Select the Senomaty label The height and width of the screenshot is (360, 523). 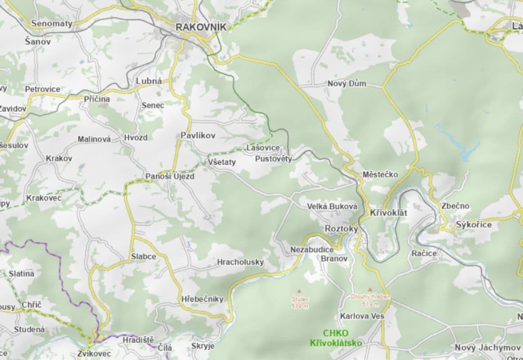pos(52,23)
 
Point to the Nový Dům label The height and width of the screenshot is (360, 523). pos(347,84)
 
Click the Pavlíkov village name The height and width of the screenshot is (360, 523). pos(198,135)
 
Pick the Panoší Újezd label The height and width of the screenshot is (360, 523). pos(170,176)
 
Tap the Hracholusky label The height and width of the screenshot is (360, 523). pos(240,262)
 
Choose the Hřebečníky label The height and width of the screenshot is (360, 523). pos(202,299)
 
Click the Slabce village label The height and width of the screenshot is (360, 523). pos(144,256)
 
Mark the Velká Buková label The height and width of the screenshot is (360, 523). pos(332,207)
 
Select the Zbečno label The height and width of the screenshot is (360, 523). pos(455,206)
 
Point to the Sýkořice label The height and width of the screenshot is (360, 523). pos(473,225)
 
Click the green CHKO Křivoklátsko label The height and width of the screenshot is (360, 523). pos(336,338)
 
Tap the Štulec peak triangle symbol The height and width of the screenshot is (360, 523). pos(299,292)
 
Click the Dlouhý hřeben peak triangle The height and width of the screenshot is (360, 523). pos(370,290)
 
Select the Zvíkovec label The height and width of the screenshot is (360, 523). pos(94,354)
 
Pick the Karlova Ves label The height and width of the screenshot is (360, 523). pos(362,316)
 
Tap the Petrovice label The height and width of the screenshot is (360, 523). pos(42,89)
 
